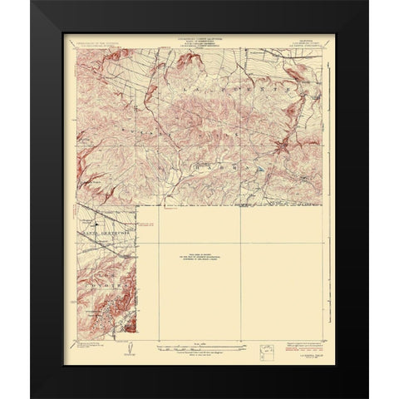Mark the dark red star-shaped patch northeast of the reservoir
coord(283,148)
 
